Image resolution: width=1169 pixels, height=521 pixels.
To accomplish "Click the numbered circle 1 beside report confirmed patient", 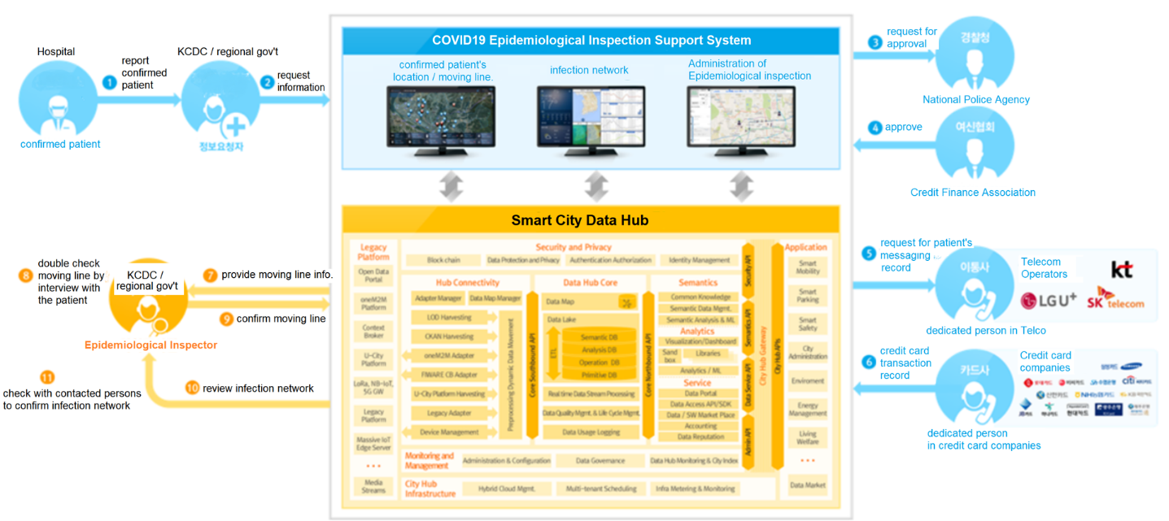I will [109, 81].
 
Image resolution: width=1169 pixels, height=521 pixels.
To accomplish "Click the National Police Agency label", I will [975, 100].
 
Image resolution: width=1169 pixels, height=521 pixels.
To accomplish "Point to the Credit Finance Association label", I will [972, 193].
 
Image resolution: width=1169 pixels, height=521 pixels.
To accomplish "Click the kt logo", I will [1121, 270].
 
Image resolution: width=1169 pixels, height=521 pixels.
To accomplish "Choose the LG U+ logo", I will [1049, 300].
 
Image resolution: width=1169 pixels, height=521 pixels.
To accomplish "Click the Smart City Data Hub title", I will [591, 220].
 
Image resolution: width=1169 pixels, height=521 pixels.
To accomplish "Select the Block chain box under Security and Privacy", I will [443, 260].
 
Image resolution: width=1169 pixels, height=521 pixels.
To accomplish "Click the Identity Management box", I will [699, 260].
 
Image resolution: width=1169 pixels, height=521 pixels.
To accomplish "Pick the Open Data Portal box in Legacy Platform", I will [373, 275].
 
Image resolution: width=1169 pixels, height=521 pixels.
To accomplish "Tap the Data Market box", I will [807, 485].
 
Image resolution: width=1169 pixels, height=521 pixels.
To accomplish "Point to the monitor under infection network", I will [591, 118].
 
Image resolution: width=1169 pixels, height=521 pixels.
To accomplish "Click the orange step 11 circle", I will [47, 378].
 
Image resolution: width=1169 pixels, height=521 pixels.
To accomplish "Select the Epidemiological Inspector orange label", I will [150, 345].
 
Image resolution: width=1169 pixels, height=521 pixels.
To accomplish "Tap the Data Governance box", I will [600, 461].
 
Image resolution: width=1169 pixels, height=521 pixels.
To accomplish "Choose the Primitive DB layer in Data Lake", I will [599, 375].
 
